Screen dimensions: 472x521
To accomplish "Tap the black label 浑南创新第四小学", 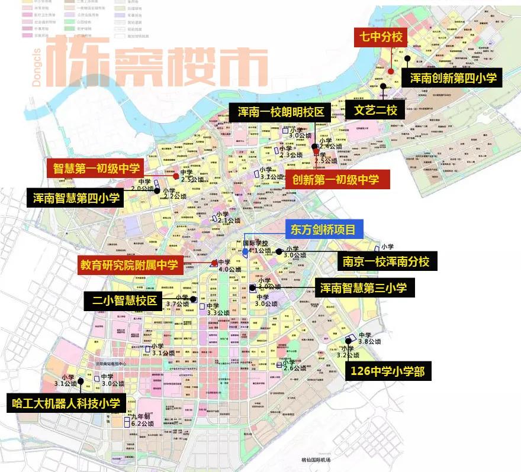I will (x=452, y=77).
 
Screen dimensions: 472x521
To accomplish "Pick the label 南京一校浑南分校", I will (x=385, y=261).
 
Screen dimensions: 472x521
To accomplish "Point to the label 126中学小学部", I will (x=388, y=371).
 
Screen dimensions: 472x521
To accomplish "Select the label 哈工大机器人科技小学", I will (x=66, y=404).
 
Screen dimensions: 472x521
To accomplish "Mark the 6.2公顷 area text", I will (x=142, y=423).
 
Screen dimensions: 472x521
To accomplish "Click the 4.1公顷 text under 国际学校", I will (x=260, y=251).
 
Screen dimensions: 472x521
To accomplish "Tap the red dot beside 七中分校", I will (x=391, y=71).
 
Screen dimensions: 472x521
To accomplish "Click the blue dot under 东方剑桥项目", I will (x=245, y=253).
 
